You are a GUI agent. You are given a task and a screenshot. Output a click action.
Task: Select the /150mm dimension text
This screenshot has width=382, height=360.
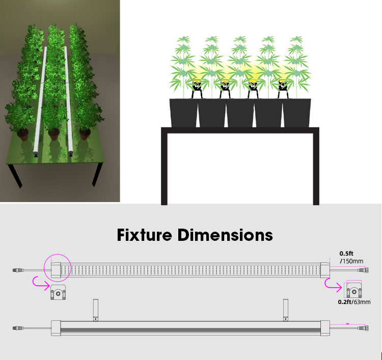tap(351, 261)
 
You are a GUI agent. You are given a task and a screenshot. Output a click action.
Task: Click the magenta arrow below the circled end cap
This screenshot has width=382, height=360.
tap(39, 280)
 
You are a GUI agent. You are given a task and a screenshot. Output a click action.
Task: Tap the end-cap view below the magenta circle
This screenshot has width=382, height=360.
tap(58, 293)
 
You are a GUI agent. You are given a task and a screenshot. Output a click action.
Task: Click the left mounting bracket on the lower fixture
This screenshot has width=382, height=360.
tap(95, 310)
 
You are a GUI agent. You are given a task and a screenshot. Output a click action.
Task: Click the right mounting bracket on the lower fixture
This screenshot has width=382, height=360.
tap(286, 310)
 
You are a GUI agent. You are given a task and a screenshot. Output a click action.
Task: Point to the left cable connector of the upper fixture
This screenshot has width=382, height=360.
tap(19, 269)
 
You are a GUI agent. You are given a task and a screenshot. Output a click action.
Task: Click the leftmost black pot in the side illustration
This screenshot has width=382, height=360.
tap(184, 113)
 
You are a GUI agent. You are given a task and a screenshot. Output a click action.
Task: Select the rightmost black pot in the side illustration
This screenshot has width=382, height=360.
tap(297, 113)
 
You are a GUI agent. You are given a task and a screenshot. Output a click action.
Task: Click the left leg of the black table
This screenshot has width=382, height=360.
tap(165, 168)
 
